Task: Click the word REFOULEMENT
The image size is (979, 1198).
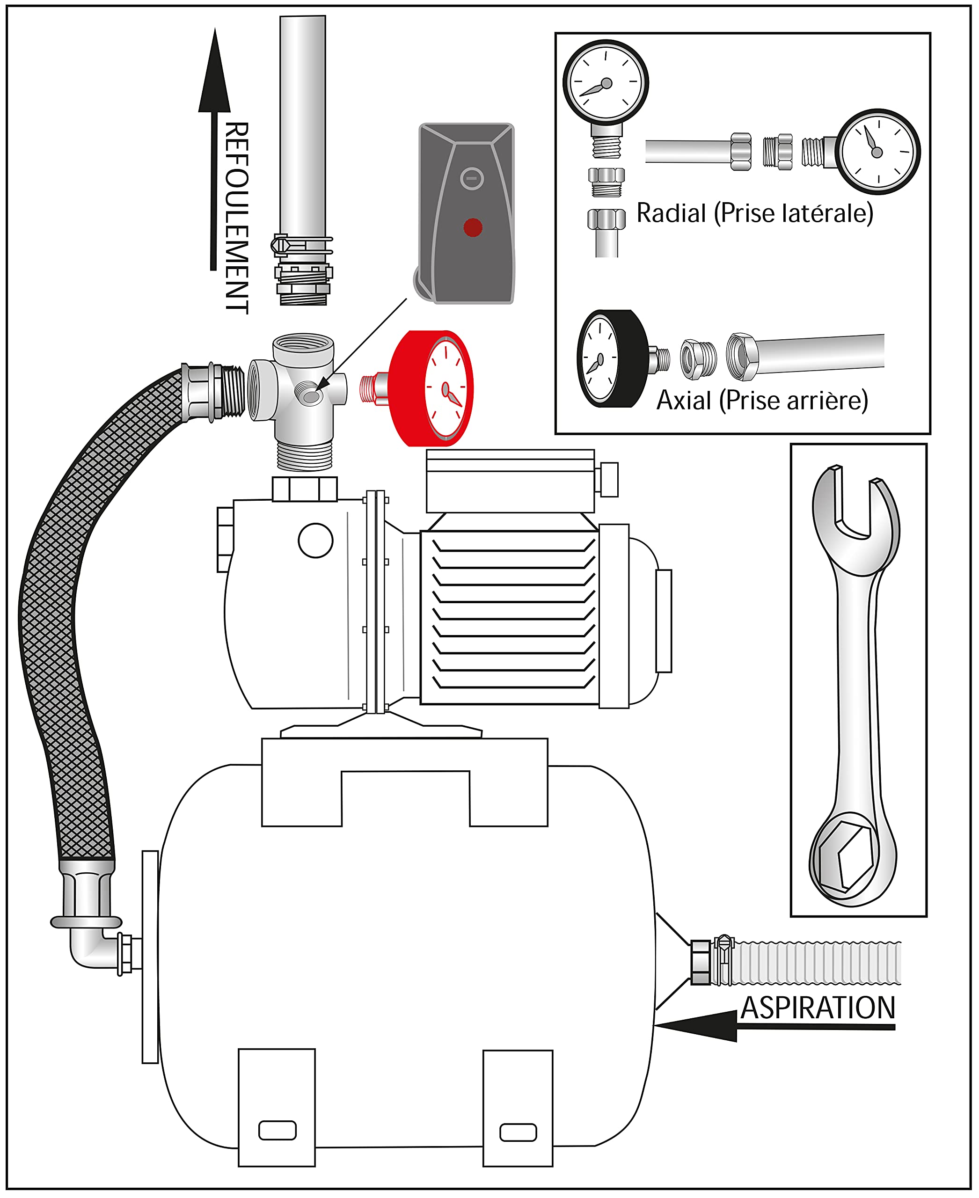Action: click(x=237, y=218)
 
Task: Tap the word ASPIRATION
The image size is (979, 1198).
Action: click(x=818, y=1008)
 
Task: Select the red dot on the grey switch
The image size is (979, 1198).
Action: click(x=473, y=227)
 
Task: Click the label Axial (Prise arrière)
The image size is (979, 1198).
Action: click(x=762, y=400)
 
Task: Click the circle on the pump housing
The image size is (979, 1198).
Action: click(x=315, y=541)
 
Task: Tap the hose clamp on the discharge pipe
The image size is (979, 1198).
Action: click(x=302, y=245)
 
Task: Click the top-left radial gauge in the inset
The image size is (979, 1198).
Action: click(x=606, y=82)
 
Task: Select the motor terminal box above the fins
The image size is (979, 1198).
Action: click(x=511, y=481)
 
